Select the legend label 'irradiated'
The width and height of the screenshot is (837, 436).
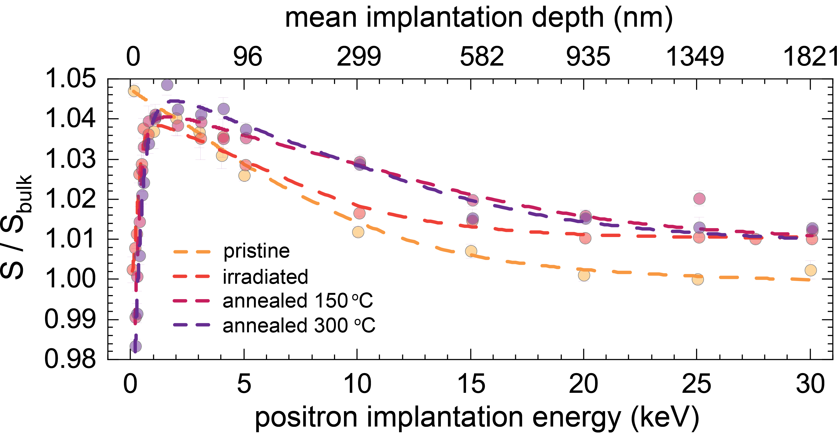(265, 277)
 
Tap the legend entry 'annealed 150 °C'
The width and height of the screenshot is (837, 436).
(298, 301)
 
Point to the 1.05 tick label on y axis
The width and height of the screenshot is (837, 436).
(70, 79)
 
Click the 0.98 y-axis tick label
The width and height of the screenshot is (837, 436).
(70, 359)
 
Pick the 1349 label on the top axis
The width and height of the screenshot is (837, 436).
(695, 56)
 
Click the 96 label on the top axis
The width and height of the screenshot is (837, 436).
(248, 56)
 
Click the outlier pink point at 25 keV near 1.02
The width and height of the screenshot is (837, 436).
(699, 198)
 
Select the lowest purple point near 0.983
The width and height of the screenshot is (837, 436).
(136, 346)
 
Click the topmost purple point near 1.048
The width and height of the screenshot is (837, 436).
(167, 85)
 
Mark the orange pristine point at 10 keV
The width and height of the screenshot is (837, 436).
(358, 232)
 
